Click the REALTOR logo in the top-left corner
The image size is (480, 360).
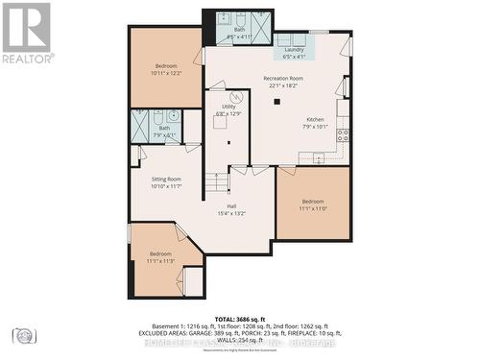pyautogui.click(x=26, y=33)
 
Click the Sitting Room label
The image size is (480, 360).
pyautogui.click(x=166, y=181)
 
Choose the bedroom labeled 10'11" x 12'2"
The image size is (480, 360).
pyautogui.click(x=166, y=69)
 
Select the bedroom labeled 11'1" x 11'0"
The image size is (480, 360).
pyautogui.click(x=313, y=205)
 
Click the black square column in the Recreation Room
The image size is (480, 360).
pyautogui.click(x=277, y=101)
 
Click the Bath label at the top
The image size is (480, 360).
pyautogui.click(x=238, y=33)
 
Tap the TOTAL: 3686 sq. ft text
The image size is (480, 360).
pyautogui.click(x=239, y=318)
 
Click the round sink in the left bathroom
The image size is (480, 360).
pyautogui.click(x=174, y=116)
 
